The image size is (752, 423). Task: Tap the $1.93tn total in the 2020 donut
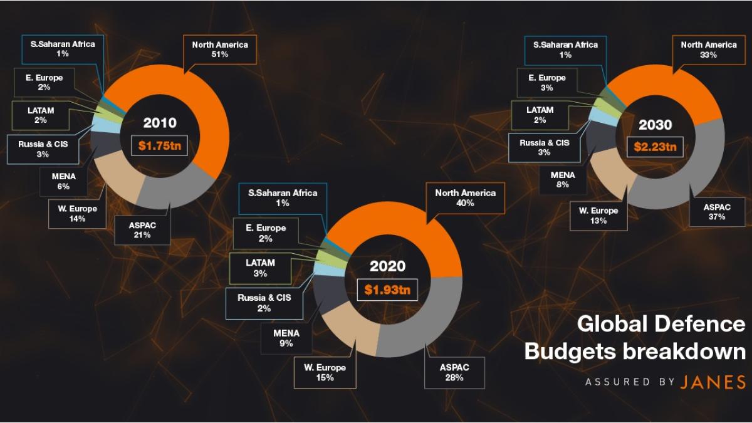point(387,290)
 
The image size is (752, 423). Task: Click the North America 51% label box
point(219,50)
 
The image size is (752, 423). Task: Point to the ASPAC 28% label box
point(454,372)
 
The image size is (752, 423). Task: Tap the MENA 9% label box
point(286,338)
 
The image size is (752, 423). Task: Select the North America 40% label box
point(465,198)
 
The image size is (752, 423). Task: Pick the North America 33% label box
point(708,50)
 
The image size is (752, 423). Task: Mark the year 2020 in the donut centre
point(387,266)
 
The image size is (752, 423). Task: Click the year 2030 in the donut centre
point(655,124)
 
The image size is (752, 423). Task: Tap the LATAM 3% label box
point(261,268)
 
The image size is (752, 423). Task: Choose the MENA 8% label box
point(562,180)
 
